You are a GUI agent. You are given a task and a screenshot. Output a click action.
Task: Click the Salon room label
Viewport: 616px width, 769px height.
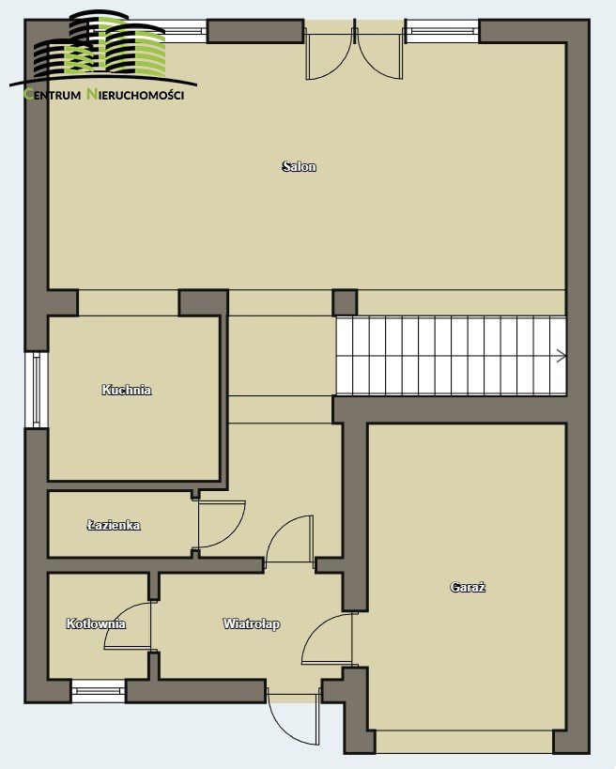299,167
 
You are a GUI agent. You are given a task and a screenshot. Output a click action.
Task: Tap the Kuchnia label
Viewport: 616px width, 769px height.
127,390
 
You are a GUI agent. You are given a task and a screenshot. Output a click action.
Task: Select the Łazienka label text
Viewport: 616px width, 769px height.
114,525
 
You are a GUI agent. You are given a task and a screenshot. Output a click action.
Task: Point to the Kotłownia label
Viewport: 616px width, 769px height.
96,623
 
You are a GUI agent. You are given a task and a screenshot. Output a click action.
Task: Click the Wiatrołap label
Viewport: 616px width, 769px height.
252,623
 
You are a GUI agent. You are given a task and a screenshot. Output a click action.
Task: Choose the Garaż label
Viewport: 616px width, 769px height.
468,587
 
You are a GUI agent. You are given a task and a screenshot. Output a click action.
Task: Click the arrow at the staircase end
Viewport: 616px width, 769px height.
562,356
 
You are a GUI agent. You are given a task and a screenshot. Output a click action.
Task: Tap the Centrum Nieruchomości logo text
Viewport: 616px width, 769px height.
104,94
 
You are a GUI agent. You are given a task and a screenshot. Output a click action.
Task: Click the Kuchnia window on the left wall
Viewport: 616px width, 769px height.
37,390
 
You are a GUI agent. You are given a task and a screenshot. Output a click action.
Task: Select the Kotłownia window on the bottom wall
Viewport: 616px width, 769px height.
99,691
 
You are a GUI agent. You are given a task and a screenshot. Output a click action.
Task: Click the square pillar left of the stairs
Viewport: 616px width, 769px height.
345,302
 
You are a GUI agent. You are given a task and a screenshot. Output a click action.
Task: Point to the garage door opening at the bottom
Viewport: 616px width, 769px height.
464,742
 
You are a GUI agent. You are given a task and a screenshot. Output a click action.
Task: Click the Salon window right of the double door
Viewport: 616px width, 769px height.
442,31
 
